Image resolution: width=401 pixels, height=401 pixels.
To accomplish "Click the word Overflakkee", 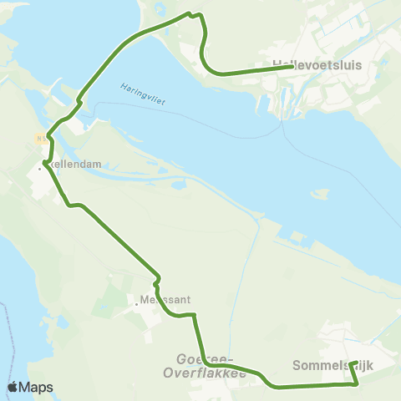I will tap(206, 373).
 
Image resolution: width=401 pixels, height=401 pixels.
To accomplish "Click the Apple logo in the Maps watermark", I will tap(13, 387).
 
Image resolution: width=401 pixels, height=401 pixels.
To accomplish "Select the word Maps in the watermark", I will tap(38, 387).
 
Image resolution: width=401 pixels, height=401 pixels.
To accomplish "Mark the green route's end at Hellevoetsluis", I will tap(291, 67).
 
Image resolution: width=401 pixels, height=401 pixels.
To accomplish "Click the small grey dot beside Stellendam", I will tap(38, 166).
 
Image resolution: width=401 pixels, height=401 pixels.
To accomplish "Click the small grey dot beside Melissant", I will tap(136, 305).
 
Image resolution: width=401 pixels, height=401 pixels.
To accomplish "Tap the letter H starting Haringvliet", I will tap(122, 85).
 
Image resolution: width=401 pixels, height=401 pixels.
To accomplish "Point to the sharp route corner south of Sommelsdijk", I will tap(358, 384).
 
